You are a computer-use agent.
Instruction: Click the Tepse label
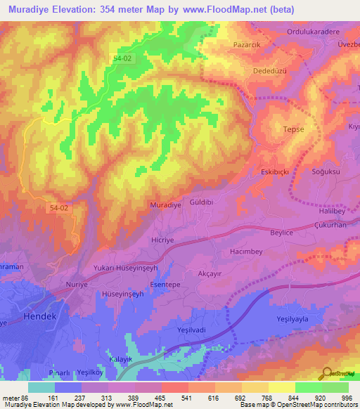(x=293, y=130)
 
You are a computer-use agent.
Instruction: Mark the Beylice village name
(x=285, y=231)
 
